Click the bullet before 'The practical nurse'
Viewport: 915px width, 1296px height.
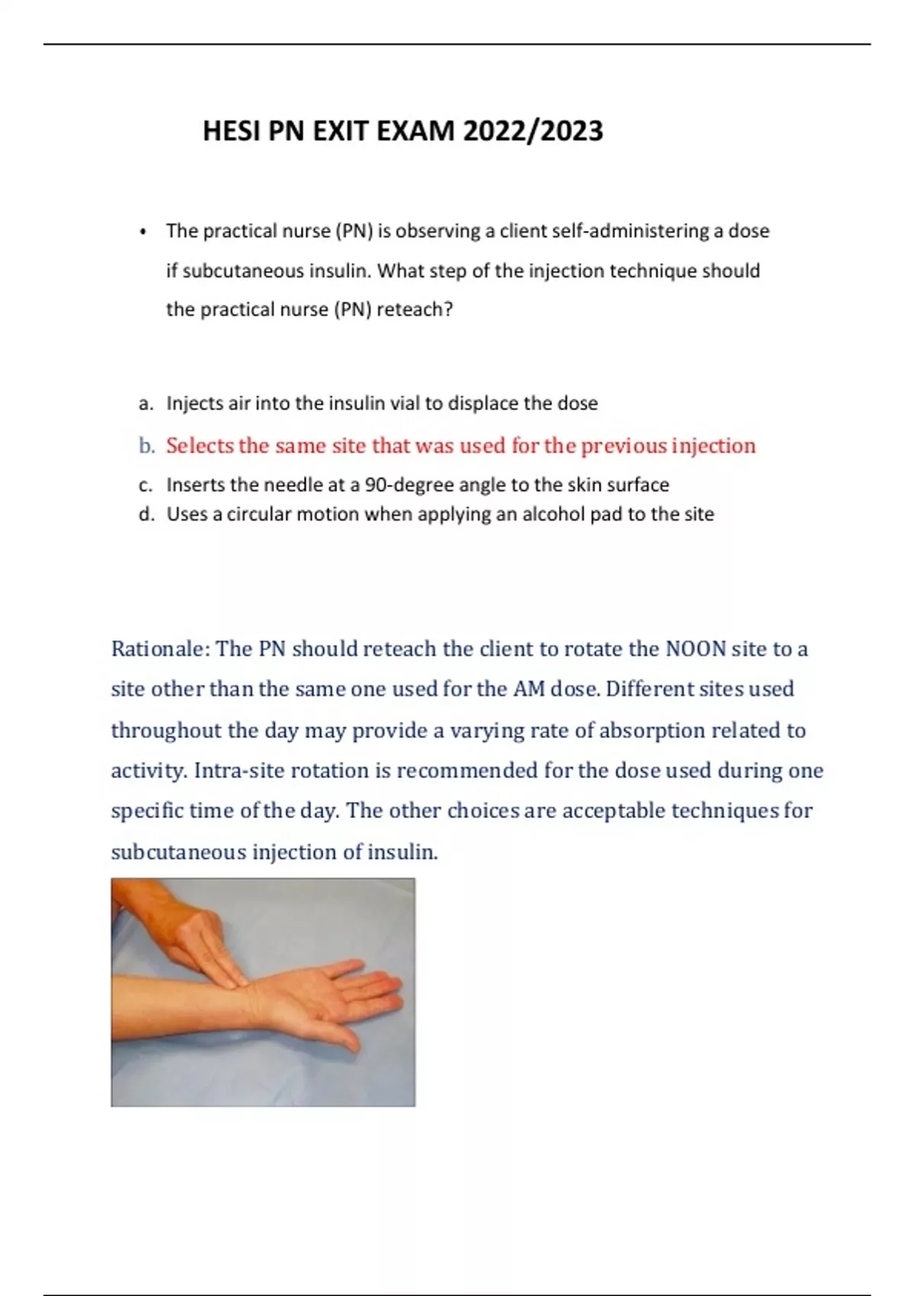(x=143, y=232)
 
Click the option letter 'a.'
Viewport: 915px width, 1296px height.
(x=146, y=403)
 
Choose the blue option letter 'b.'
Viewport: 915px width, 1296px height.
(x=146, y=446)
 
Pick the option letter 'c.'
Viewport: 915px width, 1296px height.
(x=146, y=485)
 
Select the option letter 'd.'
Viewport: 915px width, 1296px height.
(x=146, y=515)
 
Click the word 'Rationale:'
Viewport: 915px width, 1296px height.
(x=160, y=649)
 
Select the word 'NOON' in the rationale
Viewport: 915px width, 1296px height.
(x=695, y=649)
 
